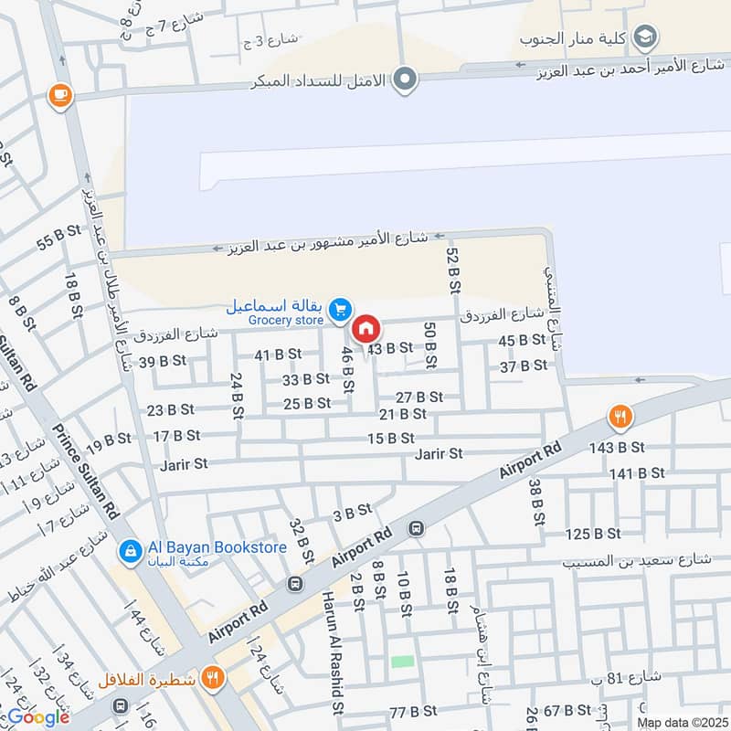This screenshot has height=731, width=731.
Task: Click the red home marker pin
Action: coord(365,328)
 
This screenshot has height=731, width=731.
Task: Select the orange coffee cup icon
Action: coord(60,95)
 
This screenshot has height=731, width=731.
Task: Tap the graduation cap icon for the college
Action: coord(646,37)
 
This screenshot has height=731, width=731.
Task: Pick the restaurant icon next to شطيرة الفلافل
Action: coord(213,678)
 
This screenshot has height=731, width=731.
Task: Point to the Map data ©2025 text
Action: coord(681,722)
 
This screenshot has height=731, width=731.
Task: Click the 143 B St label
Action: coord(618,447)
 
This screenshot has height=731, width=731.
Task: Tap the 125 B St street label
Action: coord(594,534)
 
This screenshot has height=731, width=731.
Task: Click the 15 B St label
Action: coord(390,439)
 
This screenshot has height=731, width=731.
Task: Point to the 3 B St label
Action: coord(353,513)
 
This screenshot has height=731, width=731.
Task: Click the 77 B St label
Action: coord(411,712)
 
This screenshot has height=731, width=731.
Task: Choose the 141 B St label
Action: coord(636,472)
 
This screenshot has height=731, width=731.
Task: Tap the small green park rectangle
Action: coord(403,661)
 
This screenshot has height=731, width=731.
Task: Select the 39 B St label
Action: coord(161,362)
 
